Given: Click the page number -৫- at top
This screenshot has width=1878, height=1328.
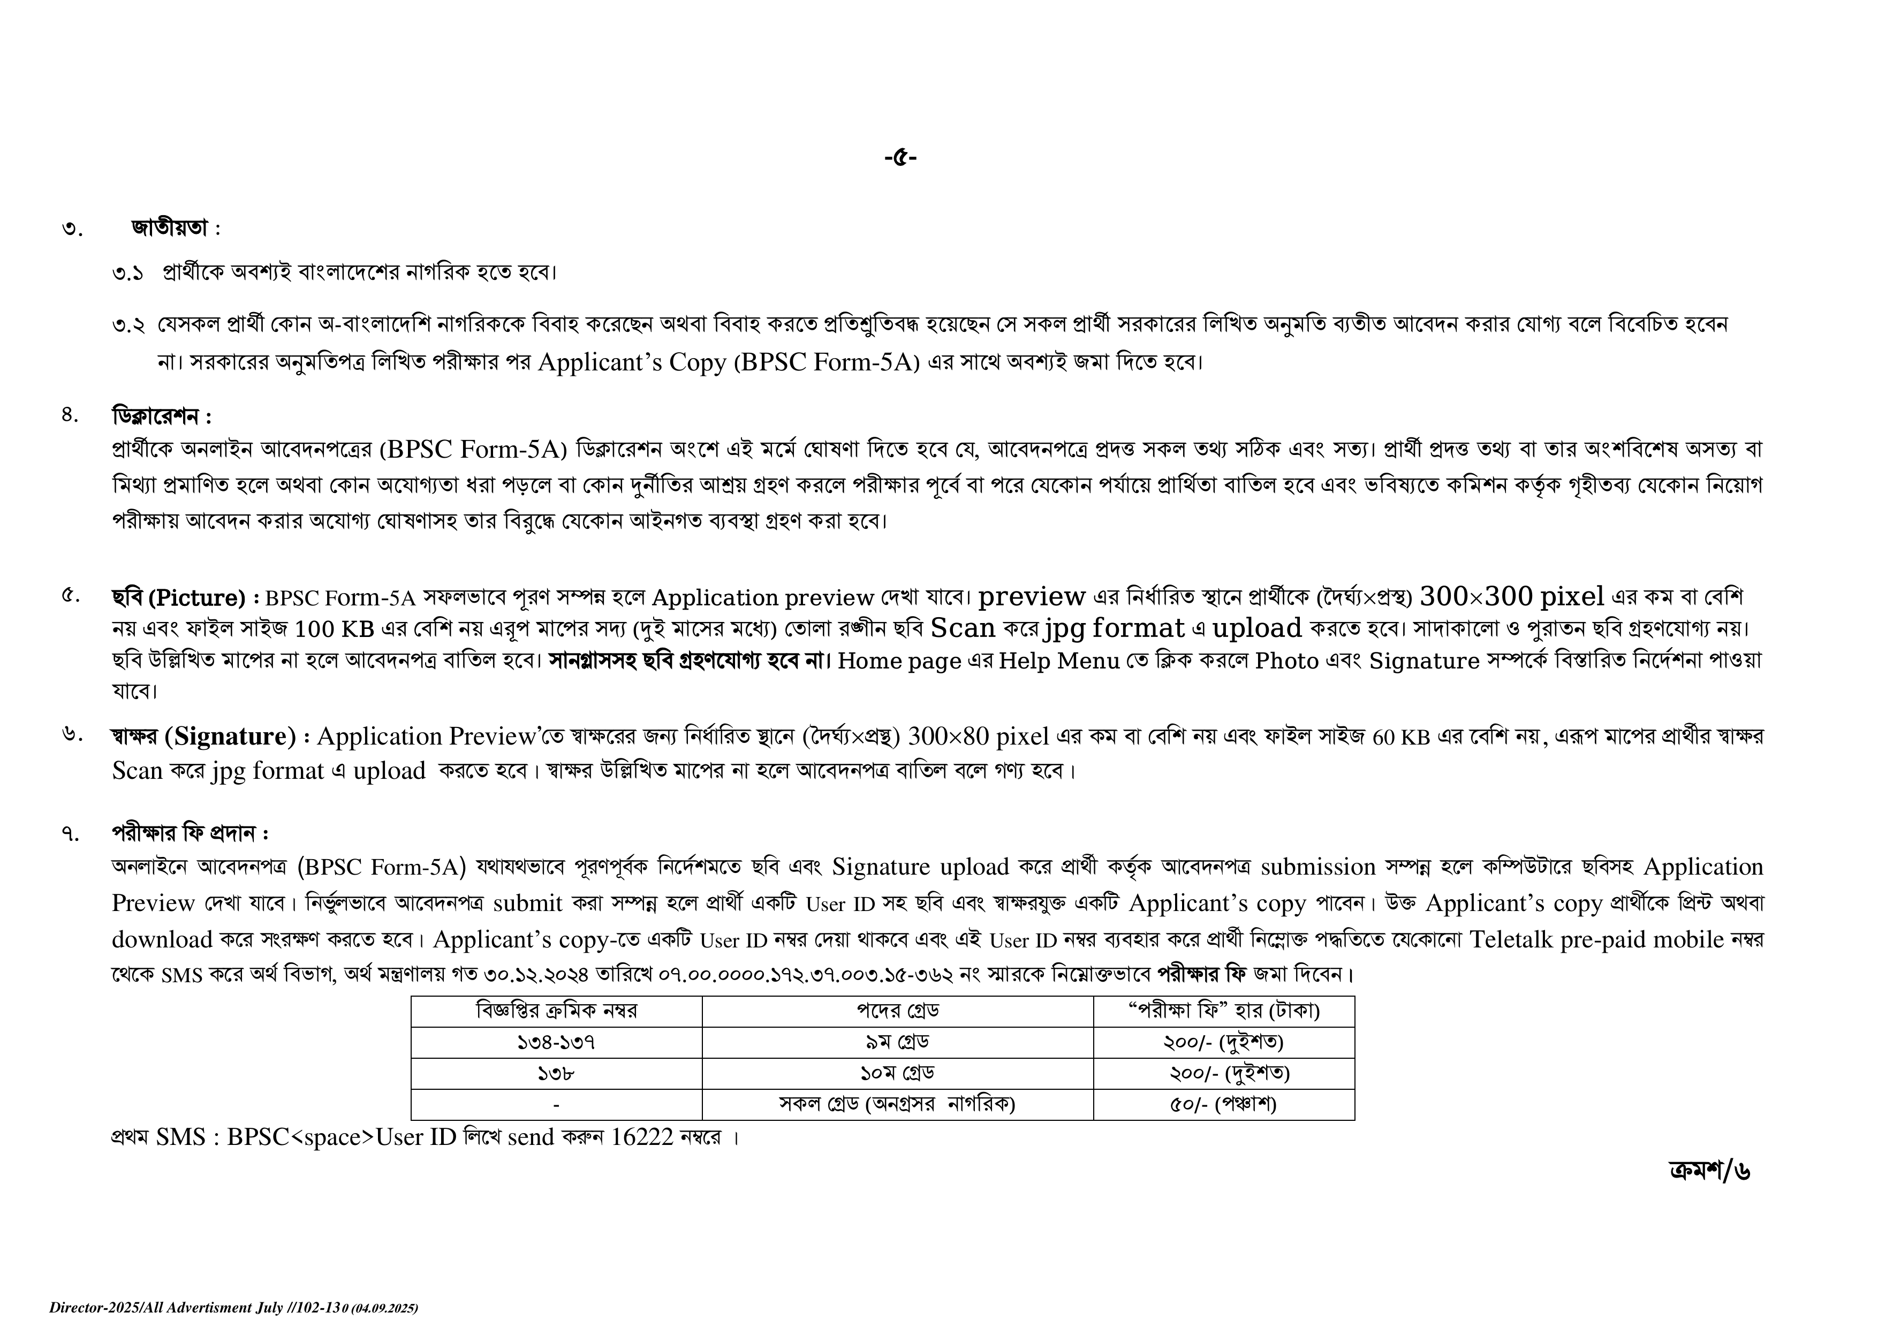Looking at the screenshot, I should pyautogui.click(x=900, y=157).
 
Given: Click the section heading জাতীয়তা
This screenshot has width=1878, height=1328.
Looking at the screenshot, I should pyautogui.click(x=170, y=228).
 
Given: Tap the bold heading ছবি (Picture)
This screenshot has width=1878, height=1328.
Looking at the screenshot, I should pyautogui.click(x=178, y=598).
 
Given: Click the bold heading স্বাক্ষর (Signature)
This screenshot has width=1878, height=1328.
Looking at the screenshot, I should pyautogui.click(x=203, y=737).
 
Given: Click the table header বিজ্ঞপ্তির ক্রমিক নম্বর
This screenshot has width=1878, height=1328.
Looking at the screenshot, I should pyautogui.click(x=556, y=1012).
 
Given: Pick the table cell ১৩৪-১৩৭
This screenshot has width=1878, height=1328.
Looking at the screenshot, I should pyautogui.click(x=556, y=1043).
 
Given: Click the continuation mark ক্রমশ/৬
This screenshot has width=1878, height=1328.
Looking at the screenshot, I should pyautogui.click(x=1709, y=1171).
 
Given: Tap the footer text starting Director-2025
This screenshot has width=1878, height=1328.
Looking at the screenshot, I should pyautogui.click(x=233, y=1308).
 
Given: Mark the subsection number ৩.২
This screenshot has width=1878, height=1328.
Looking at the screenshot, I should pyautogui.click(x=128, y=325).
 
